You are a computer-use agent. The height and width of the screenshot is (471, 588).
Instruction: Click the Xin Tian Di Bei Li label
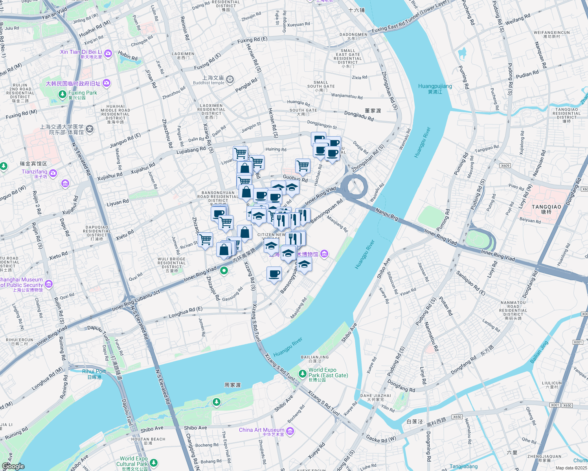click(81, 52)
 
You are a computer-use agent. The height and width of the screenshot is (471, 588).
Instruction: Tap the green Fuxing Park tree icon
click(62, 94)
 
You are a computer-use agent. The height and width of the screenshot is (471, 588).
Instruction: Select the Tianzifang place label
click(34, 172)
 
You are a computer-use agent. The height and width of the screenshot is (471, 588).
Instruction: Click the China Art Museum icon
click(290, 431)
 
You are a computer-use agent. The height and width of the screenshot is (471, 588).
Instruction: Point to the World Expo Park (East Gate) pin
click(302, 373)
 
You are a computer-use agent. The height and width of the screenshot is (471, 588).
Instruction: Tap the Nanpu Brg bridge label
click(387, 214)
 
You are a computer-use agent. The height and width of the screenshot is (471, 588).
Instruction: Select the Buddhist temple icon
click(230, 80)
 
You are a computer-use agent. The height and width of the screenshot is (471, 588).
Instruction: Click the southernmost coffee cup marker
click(274, 274)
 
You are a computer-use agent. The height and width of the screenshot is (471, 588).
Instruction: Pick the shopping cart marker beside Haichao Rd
click(303, 166)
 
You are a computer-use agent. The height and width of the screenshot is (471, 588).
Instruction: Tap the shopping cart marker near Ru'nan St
click(205, 240)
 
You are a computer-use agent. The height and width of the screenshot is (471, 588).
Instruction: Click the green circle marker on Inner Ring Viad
click(224, 270)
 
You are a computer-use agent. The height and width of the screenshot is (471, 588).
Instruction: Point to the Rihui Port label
click(94, 371)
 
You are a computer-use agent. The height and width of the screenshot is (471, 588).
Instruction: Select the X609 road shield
click(505, 166)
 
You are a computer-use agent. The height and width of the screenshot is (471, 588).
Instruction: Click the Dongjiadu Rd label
click(359, 116)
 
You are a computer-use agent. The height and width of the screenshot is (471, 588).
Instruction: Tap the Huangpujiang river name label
click(435, 86)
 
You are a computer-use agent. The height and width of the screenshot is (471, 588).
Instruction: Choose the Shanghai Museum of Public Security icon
click(48, 283)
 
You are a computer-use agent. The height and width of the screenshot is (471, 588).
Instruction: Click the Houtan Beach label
click(148, 439)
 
